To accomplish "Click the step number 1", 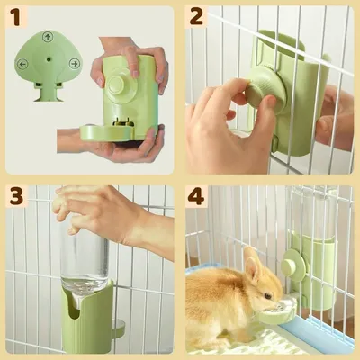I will coord(16,15).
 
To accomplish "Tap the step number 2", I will coord(197,15).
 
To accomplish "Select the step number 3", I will coord(16,196).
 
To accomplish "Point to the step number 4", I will coord(197,196).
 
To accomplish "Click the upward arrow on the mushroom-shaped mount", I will coord(48,37).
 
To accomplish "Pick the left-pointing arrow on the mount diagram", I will coord(22,64).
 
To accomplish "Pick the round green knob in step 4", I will coord(292,265).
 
